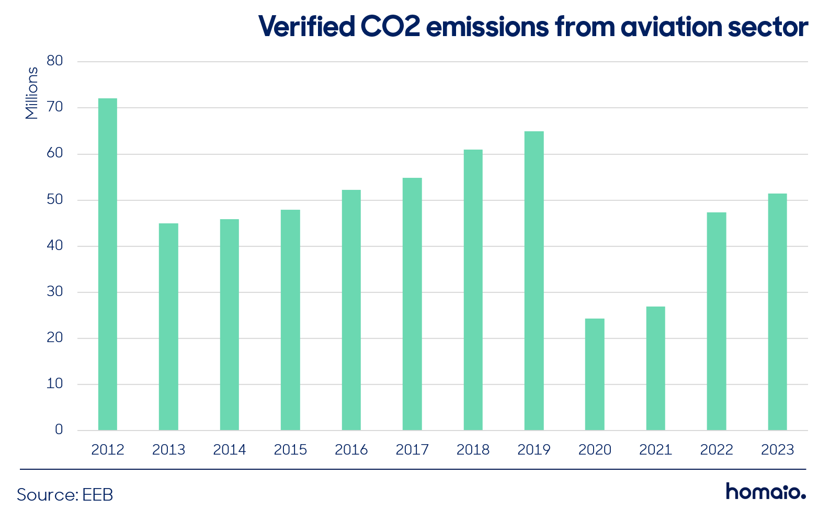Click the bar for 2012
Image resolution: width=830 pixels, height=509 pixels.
[x=107, y=264]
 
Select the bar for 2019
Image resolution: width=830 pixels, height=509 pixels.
[x=534, y=280]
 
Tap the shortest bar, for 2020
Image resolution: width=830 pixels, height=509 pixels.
[x=595, y=375]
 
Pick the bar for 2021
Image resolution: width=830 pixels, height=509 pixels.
[x=655, y=368]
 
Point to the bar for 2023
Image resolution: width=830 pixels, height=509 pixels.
[x=777, y=312]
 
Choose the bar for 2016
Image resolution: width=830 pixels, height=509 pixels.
[x=351, y=310]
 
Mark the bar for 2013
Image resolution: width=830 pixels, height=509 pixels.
[x=168, y=326]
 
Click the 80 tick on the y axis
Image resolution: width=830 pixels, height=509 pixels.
[x=55, y=61]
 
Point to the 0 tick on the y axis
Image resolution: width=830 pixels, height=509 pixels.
[x=59, y=429]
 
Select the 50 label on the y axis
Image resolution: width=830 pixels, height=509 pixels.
[x=55, y=199]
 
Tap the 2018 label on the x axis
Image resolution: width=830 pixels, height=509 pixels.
[x=473, y=450]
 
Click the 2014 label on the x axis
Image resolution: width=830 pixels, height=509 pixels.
[x=230, y=450]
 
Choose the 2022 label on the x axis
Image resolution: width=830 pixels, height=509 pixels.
[x=717, y=450]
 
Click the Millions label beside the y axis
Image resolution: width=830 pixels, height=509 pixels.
[x=31, y=93]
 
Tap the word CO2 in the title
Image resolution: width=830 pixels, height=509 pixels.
[x=391, y=27]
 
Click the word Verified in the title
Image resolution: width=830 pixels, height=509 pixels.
[x=306, y=26]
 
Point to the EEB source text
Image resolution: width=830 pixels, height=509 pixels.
[x=97, y=494]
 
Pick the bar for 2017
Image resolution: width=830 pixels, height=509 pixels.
[x=412, y=304]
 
